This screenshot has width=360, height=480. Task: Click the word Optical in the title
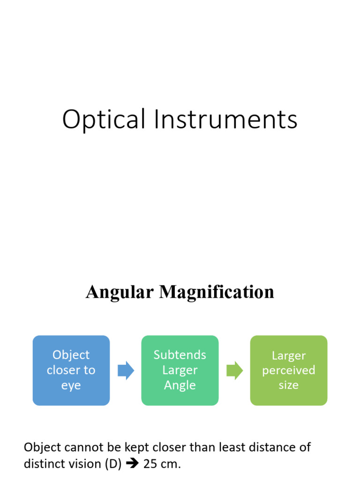104,120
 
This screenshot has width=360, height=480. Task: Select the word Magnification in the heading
216,292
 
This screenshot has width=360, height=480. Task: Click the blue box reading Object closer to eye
71,370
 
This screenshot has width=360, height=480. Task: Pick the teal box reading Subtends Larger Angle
180,370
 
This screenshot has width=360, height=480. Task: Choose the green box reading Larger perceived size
289,370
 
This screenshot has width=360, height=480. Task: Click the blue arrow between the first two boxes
126,371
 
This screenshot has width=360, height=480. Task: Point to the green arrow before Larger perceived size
234,371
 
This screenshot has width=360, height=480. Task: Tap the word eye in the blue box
71,386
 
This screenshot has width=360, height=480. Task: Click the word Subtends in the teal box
180,355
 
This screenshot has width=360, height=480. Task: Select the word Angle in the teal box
180,385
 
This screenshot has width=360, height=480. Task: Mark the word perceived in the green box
289,370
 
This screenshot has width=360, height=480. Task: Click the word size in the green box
289,385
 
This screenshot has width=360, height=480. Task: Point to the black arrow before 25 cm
133,464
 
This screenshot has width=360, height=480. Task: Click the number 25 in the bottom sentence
150,464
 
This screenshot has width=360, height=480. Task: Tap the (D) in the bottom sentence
113,464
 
